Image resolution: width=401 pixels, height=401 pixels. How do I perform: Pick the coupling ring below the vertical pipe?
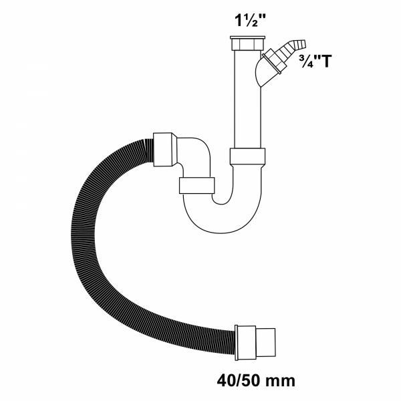pos(249,156)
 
